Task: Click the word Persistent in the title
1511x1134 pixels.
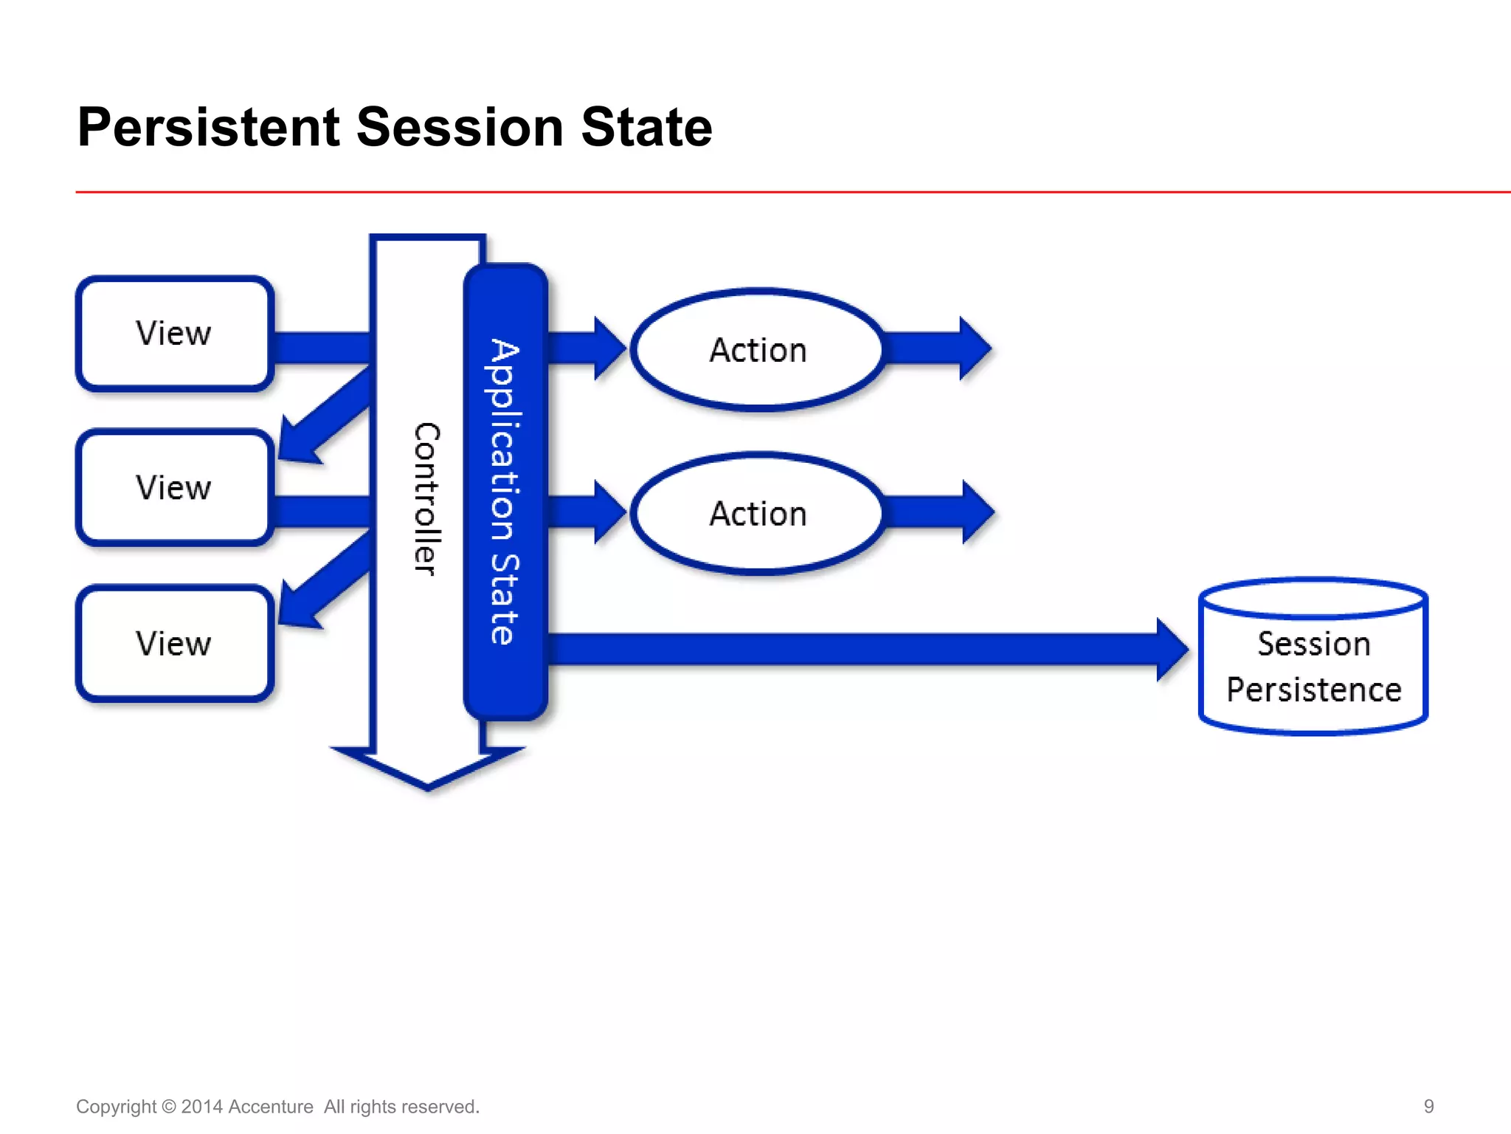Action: (208, 127)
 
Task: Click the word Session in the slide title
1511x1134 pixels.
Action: (460, 127)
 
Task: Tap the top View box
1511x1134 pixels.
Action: (174, 334)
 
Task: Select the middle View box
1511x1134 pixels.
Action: (174, 488)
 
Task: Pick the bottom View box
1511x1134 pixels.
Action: (174, 644)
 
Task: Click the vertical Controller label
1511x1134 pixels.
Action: (426, 498)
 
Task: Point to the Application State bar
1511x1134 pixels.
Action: (505, 491)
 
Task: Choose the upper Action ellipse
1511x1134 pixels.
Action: (758, 350)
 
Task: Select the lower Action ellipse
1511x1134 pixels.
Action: (758, 514)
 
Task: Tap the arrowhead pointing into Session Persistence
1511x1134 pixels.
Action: (1171, 650)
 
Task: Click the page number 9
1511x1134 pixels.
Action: (1428, 1106)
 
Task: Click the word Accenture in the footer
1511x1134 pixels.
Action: (270, 1107)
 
